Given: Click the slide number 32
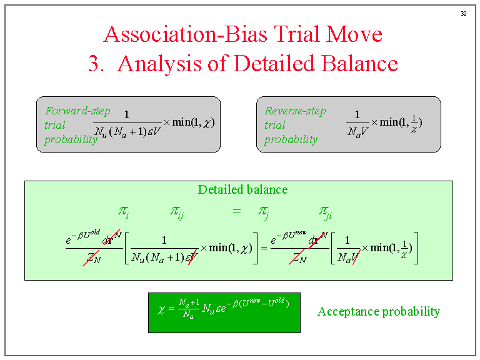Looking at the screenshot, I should click(x=464, y=14).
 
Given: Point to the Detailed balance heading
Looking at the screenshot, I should click(x=242, y=190).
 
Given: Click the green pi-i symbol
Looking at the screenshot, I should click(x=124, y=212).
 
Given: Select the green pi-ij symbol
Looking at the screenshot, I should click(x=177, y=212).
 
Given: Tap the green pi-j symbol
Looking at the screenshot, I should click(x=263, y=212).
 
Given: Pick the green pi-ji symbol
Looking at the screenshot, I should click(x=325, y=212).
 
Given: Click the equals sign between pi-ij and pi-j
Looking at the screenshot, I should click(x=236, y=212).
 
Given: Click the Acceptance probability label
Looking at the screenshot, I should click(x=379, y=311).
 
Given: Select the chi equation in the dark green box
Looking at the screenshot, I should click(x=223, y=307).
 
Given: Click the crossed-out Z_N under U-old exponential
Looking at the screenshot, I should click(x=93, y=258).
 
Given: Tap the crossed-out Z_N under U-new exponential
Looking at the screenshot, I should click(x=297, y=258).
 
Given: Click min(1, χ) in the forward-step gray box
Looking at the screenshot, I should click(x=193, y=122).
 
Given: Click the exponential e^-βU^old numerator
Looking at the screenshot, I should click(x=82, y=237).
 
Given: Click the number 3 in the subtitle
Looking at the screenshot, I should click(x=95, y=63).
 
